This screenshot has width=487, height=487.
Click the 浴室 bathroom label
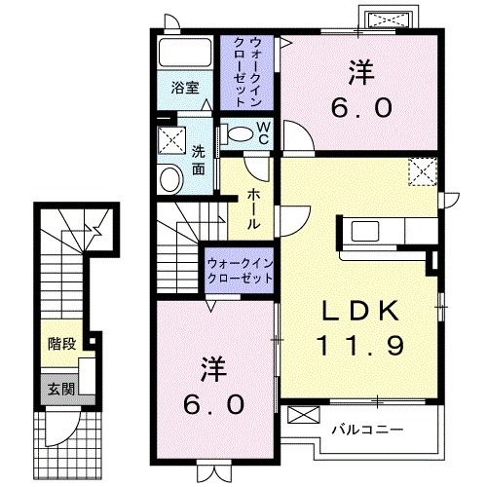click(186, 87)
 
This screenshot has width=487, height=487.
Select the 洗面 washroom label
click(198, 160)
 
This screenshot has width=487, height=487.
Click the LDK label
click(360, 310)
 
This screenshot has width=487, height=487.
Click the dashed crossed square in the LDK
click(423, 172)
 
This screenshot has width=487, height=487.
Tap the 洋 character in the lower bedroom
click(215, 369)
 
